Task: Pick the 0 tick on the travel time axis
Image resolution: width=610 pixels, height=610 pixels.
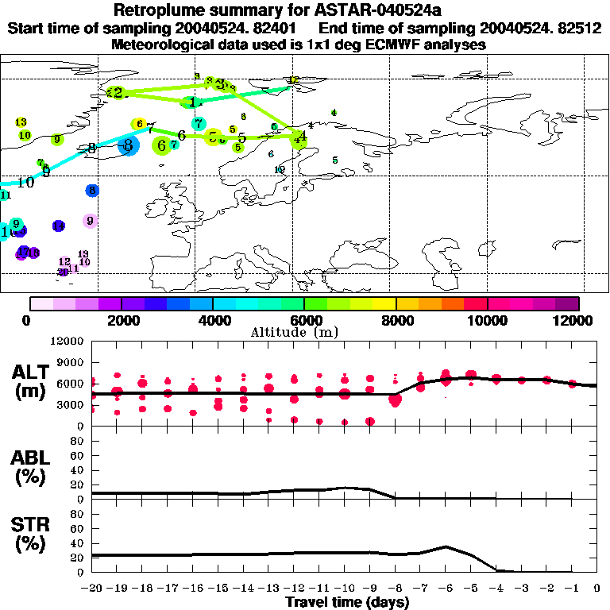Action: click(597, 588)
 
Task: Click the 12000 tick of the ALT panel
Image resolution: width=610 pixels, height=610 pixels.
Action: click(68, 342)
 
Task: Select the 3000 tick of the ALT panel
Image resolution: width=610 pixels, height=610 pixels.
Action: click(71, 404)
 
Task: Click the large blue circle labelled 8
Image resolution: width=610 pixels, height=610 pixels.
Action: click(129, 145)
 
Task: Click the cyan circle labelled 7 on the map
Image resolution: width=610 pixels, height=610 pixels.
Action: click(198, 124)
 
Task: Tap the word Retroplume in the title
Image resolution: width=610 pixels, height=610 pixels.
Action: click(158, 10)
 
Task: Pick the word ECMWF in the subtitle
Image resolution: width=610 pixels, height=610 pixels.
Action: click(377, 44)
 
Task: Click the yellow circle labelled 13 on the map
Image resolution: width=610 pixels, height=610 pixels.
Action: click(21, 122)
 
